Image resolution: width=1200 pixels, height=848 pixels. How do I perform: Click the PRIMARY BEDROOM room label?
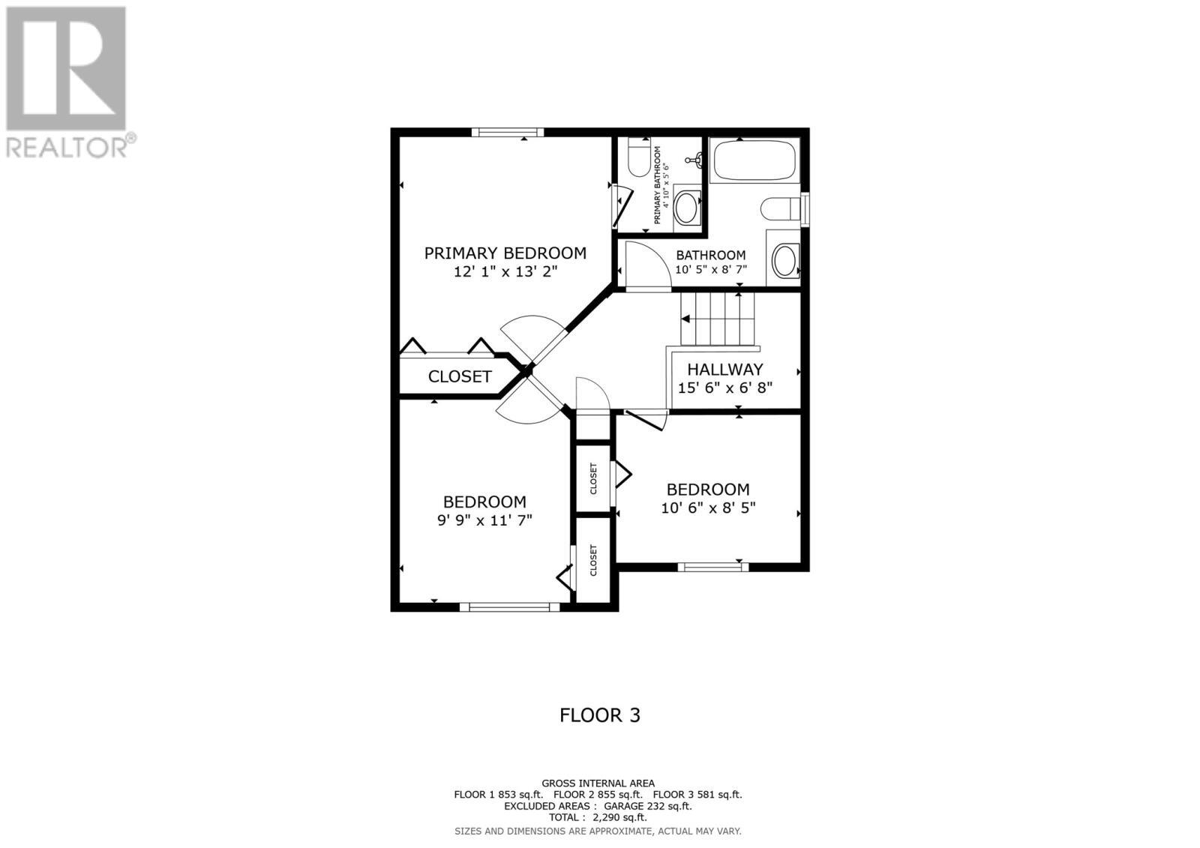505,253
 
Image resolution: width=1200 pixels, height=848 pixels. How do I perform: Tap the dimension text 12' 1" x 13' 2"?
505,272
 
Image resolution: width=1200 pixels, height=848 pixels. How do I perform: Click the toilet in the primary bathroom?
639,157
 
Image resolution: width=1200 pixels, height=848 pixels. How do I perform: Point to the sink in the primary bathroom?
686,205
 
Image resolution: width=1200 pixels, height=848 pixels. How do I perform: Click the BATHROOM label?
710,256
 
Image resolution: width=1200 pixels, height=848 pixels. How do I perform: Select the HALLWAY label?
724,369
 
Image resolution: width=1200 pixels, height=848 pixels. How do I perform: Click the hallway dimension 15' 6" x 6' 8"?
724,388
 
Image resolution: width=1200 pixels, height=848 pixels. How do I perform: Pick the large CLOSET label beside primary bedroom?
460,376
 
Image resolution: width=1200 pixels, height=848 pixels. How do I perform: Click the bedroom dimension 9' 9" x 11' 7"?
484,520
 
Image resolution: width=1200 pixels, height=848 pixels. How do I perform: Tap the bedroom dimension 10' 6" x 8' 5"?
708,508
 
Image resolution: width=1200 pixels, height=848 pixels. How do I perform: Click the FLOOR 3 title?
599,715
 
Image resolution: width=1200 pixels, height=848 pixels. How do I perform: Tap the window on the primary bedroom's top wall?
508,133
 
